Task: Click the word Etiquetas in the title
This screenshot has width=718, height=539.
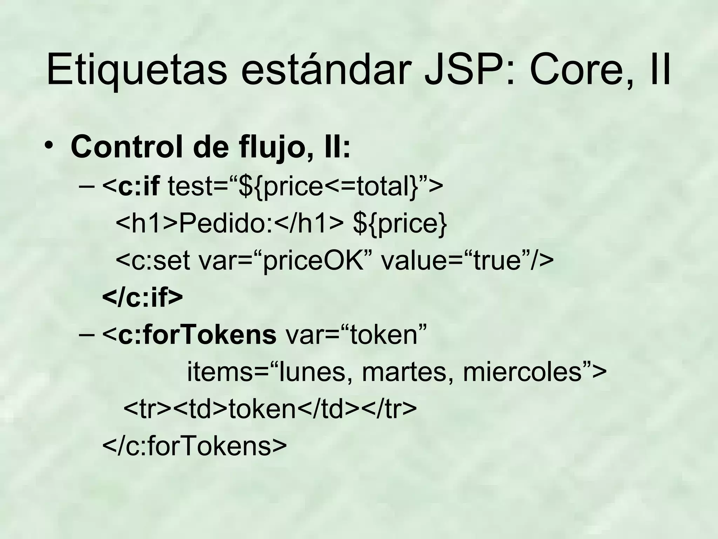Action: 137,69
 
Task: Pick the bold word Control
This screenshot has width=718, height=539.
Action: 126,147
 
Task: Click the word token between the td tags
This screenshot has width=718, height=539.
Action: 263,409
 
